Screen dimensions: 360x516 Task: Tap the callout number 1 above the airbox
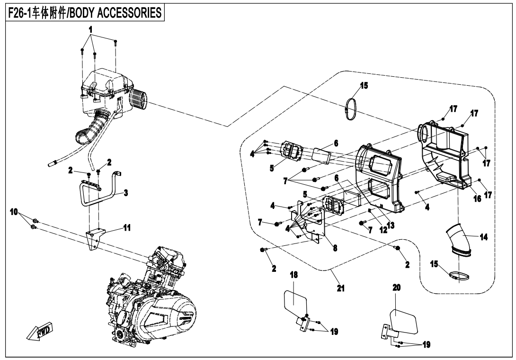tap(91, 29)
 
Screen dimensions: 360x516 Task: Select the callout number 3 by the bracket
tap(126, 193)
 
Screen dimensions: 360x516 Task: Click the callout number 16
tap(477, 199)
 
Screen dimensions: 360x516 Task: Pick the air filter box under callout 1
tap(102, 92)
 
